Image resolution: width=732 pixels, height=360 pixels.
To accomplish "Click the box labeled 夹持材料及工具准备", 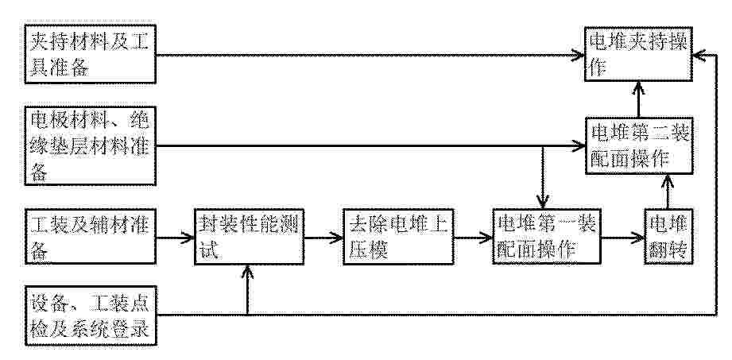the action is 90,55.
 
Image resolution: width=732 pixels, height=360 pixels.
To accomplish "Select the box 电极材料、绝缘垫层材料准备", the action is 90,146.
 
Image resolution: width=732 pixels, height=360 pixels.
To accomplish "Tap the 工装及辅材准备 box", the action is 90,237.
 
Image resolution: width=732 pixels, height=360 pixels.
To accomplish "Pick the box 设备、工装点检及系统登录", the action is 90,316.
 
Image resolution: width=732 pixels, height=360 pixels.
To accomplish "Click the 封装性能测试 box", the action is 249,237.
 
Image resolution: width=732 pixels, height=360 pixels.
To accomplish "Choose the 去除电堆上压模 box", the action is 398,237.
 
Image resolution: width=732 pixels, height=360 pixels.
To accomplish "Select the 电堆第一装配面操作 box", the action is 546,237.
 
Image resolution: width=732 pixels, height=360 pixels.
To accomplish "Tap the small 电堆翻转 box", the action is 668,237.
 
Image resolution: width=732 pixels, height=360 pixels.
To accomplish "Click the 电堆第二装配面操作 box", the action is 638,145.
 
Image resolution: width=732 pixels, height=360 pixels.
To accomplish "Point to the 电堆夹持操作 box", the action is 638,54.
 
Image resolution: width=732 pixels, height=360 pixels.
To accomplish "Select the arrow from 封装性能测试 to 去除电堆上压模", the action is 323,238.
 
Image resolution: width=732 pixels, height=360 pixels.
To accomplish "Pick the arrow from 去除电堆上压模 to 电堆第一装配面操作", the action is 473,238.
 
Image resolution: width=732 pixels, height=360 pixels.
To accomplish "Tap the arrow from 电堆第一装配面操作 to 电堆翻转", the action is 622,238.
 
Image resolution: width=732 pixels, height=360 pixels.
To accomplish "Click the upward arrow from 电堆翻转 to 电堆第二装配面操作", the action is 668,192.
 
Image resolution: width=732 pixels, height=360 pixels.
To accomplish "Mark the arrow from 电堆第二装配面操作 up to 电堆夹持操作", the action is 639,99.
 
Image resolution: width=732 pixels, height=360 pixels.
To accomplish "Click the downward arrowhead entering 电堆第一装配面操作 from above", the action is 542,202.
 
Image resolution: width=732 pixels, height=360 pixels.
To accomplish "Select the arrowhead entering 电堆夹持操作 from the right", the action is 699,55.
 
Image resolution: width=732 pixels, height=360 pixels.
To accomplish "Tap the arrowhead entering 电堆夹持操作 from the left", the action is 578,55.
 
